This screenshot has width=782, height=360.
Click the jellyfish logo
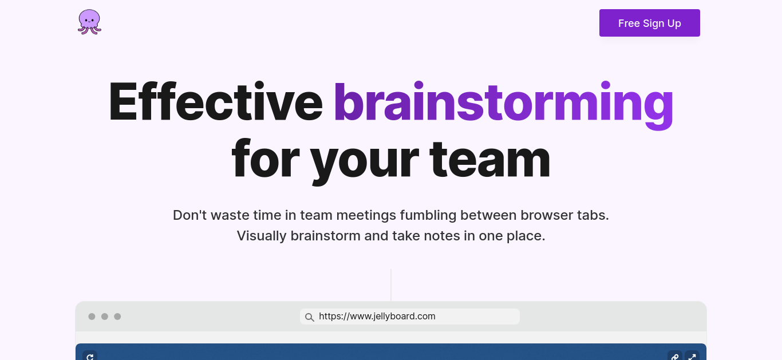89,22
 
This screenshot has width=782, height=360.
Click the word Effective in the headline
216,101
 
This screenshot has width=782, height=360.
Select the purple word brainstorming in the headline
503,105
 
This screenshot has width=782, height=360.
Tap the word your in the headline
364,161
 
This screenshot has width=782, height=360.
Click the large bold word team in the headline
489,160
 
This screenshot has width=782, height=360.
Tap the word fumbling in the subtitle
428,216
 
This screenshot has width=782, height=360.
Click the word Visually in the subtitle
262,236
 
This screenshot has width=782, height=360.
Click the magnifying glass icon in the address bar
310,317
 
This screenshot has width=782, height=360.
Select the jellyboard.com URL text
377,317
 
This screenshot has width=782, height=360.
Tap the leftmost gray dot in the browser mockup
92,317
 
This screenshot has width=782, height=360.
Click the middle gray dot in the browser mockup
105,317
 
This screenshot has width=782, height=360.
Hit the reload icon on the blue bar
90,357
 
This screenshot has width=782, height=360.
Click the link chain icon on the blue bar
675,357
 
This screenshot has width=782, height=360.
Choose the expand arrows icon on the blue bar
692,357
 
